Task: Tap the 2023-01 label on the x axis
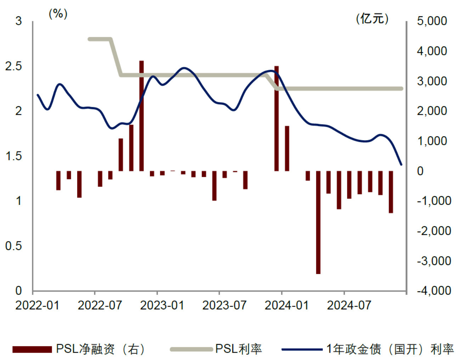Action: [162, 305]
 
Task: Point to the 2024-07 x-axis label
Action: [349, 305]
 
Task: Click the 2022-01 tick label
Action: [37, 305]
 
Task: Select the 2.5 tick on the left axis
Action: [13, 66]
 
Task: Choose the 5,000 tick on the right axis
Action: [432, 21]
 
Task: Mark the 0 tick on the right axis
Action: [420, 171]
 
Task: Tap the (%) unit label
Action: [58, 14]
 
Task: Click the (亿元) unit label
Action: [372, 18]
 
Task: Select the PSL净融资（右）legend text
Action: [101, 349]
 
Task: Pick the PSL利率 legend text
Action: [238, 349]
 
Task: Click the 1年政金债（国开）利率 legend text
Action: [390, 349]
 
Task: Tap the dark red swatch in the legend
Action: [32, 349]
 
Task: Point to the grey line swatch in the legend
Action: [191, 349]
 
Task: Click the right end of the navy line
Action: [401, 165]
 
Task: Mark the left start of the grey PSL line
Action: [89, 39]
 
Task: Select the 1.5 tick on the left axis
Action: [13, 156]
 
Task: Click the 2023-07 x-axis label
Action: [224, 305]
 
